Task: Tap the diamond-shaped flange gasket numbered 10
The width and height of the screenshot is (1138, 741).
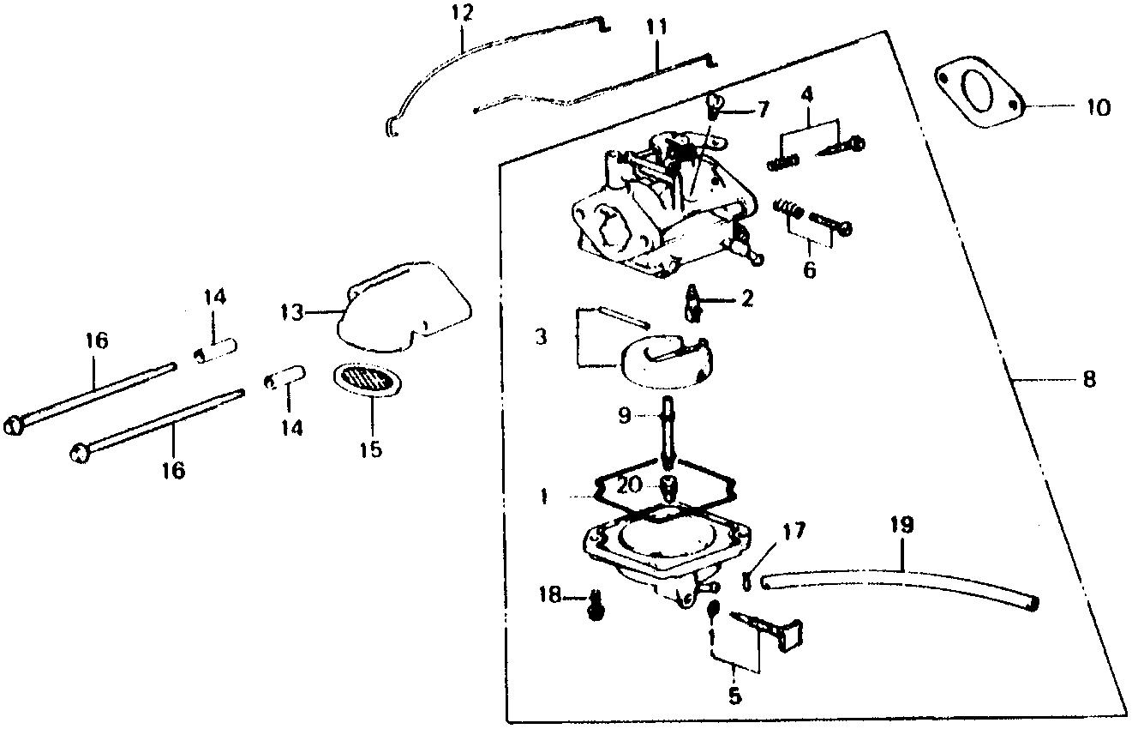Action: tap(976, 89)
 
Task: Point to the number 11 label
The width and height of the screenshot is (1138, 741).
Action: tap(656, 28)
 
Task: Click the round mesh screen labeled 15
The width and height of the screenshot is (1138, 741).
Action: tap(368, 380)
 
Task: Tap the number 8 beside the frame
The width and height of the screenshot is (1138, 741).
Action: tap(1088, 378)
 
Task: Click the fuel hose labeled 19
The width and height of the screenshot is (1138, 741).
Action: tap(900, 587)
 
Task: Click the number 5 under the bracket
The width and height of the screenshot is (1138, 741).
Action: tap(735, 696)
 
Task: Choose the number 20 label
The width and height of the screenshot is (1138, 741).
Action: tap(629, 485)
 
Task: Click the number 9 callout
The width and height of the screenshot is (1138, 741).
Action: tap(624, 416)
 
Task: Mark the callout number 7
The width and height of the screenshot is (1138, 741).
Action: tap(762, 109)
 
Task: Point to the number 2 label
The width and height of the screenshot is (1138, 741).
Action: tap(747, 299)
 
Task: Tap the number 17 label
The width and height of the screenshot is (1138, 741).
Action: tap(793, 531)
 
